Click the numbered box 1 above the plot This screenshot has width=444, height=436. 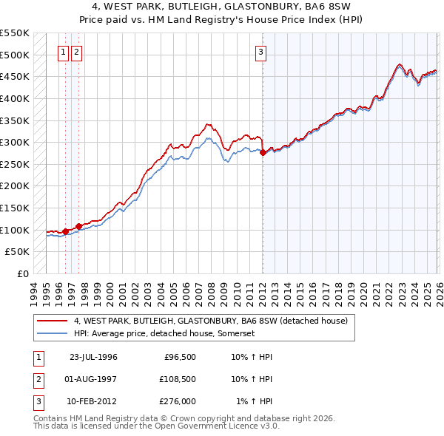pos(64,52)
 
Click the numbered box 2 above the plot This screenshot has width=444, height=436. pos(77,52)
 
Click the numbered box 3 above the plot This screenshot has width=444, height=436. pos(261,52)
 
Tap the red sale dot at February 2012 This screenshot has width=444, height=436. pos(263,152)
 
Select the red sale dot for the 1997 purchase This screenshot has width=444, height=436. pos(78,226)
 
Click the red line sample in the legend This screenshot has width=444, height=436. pos(52,321)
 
